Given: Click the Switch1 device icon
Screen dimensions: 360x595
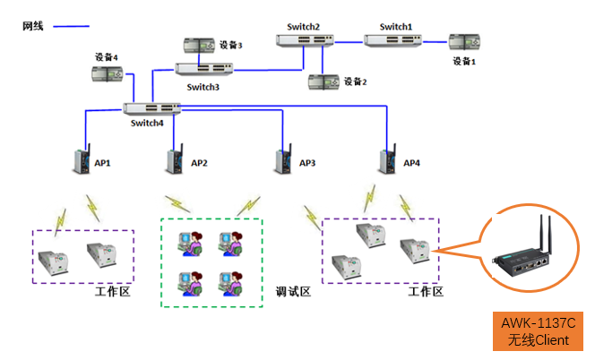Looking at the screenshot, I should pos(393,39).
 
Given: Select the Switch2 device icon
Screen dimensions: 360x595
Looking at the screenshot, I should pos(310,40).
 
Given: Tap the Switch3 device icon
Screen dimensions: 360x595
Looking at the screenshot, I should pos(204,68).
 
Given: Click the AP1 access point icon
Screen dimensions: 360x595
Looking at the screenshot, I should pos(81,161).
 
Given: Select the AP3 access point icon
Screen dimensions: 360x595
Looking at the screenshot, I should pos(286,161).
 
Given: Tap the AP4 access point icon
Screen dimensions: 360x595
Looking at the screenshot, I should pos(389,161).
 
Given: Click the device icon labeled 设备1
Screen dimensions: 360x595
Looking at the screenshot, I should pos(463,41).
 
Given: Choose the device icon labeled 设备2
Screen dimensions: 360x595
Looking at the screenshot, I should pos(323,81).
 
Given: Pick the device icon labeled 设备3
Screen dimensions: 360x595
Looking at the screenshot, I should pos(199,43).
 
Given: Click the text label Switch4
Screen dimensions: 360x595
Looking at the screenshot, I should pos(148,124).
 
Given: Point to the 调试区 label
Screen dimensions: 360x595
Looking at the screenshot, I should pos(293,293).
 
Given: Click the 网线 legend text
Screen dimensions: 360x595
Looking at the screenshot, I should pos(33,26).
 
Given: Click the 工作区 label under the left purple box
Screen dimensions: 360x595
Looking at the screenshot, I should pos(113,293).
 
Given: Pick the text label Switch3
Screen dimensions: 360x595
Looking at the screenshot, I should pos(203,88).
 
